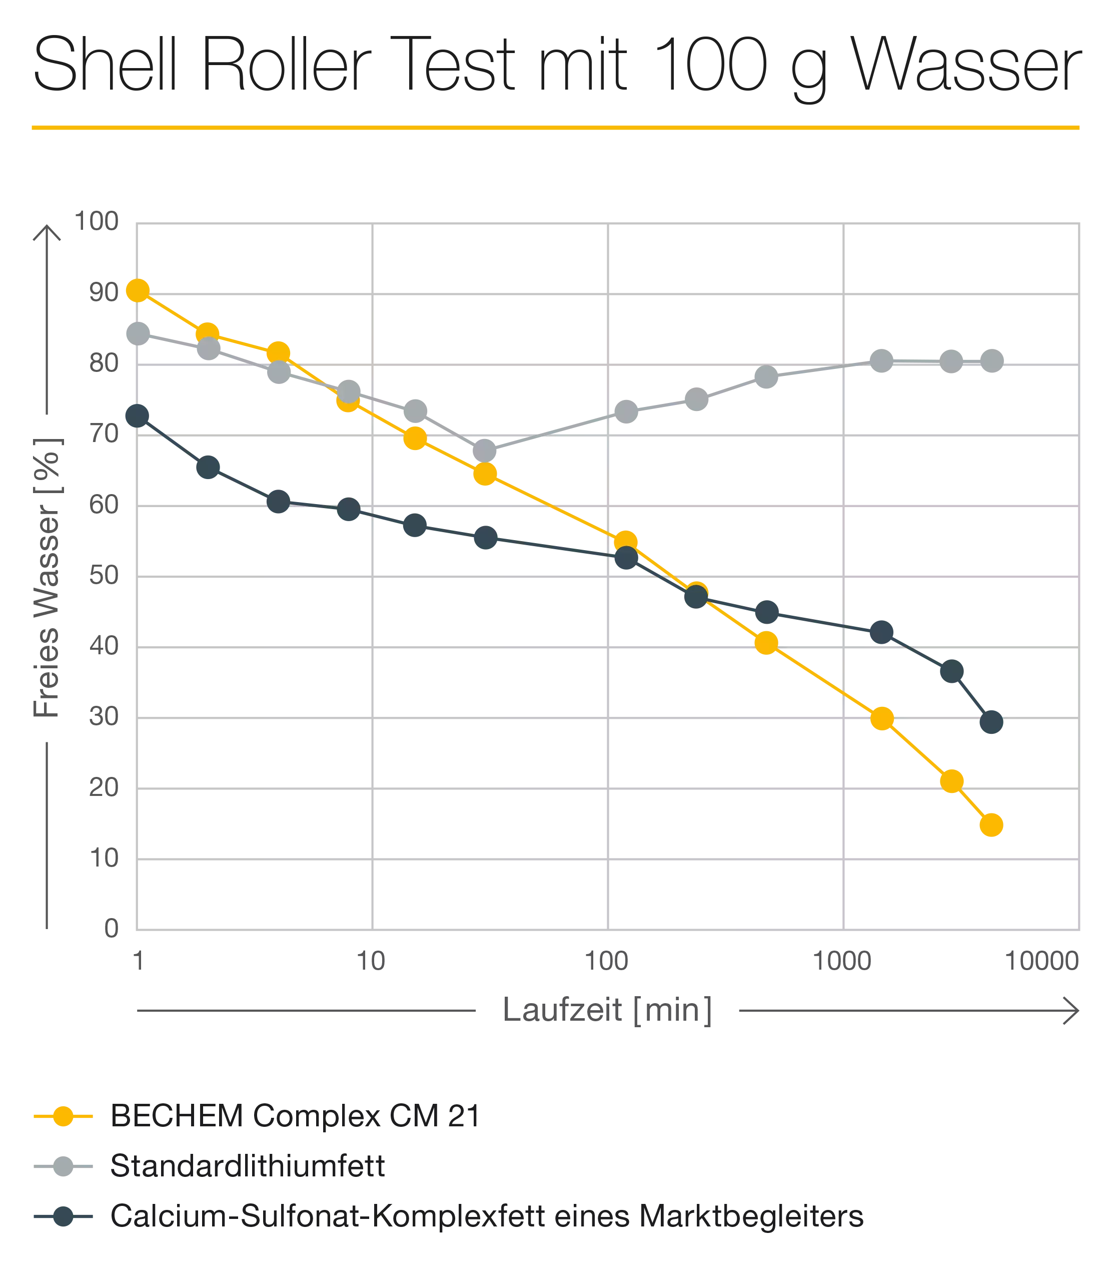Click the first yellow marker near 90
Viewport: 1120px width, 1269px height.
tap(138, 290)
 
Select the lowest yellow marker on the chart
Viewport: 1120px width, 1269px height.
tap(991, 824)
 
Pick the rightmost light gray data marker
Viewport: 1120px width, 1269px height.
tap(991, 361)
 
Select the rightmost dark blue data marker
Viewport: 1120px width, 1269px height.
tap(991, 723)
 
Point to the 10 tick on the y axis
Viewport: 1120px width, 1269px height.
tap(103, 858)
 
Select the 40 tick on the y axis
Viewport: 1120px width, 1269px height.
tap(103, 646)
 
